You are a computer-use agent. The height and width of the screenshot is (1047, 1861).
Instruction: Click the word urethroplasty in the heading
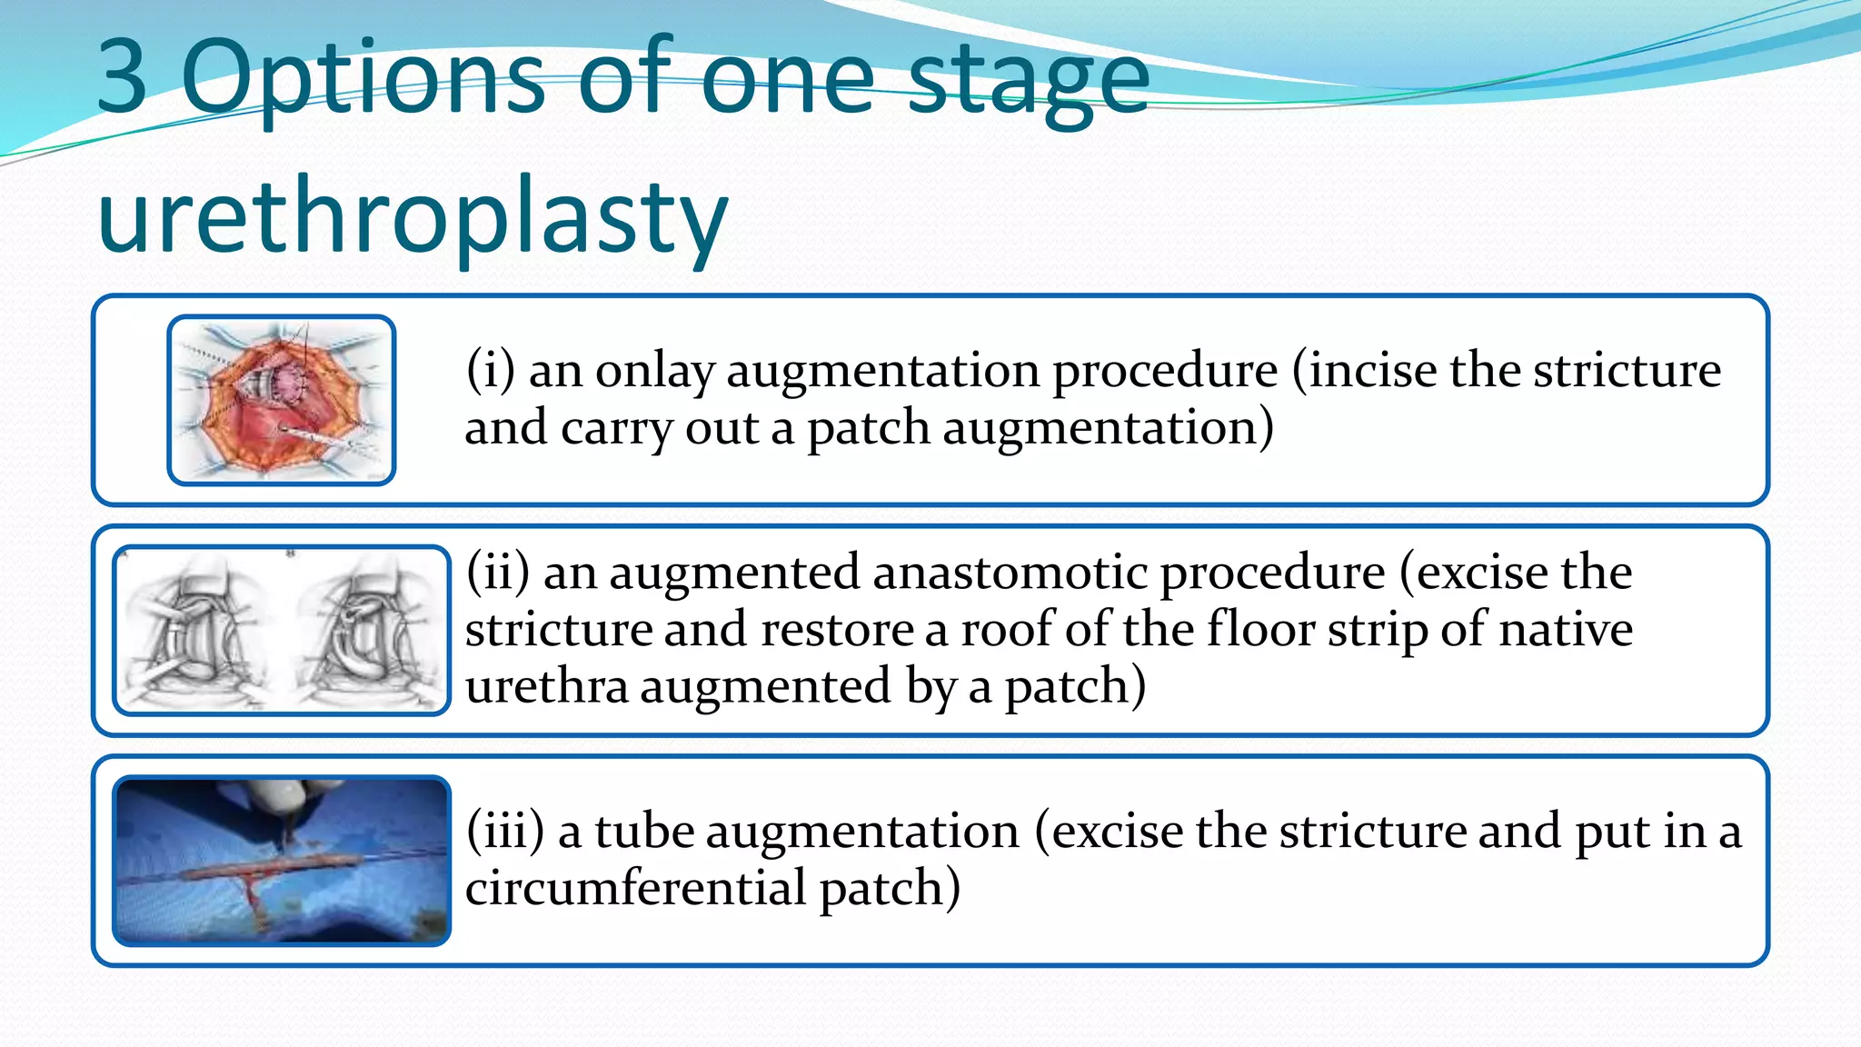pyautogui.click(x=413, y=219)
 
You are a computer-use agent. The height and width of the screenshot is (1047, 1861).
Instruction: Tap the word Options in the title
pyautogui.click(x=362, y=80)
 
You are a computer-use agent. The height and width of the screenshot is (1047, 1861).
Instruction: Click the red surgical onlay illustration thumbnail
pyautogui.click(x=282, y=400)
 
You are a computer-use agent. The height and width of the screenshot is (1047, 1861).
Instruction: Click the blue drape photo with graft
pyautogui.click(x=282, y=861)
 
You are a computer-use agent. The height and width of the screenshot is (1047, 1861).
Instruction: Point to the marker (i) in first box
pyautogui.click(x=490, y=371)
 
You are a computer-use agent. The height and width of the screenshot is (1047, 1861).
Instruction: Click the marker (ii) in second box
pyautogui.click(x=497, y=573)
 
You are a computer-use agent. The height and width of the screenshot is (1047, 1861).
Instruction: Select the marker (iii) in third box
pyautogui.click(x=504, y=832)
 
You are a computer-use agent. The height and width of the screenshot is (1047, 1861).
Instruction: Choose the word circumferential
pyautogui.click(x=635, y=888)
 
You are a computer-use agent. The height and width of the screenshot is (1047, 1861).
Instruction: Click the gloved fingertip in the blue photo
pyautogui.click(x=283, y=796)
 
